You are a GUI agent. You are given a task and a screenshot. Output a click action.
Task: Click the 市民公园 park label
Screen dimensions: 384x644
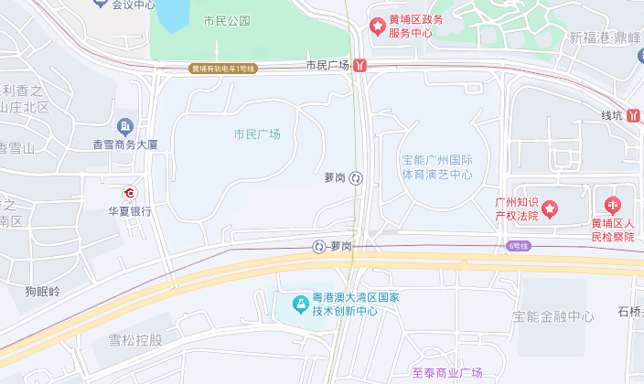[227, 20]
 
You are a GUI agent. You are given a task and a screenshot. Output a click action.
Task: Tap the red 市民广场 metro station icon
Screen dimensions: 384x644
[362, 66]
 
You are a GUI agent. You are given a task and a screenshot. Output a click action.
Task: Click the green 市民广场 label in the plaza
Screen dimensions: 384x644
[257, 134]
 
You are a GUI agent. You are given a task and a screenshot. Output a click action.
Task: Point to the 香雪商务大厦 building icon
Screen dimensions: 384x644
[126, 125]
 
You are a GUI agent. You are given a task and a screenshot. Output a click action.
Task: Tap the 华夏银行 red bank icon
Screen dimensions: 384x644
[130, 194]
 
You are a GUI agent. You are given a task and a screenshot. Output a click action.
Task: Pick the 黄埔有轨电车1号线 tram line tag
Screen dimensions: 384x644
[223, 69]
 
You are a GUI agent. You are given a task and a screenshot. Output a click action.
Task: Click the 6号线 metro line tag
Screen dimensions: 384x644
[519, 246]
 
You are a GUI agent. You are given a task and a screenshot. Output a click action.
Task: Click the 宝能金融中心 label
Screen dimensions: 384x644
[553, 317]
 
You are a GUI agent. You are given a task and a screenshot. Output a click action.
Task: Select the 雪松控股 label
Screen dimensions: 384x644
[135, 340]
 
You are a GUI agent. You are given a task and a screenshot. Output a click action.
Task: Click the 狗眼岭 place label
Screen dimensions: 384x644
[42, 292]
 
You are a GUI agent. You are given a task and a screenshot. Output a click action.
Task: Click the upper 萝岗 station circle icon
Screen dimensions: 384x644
[357, 178]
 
